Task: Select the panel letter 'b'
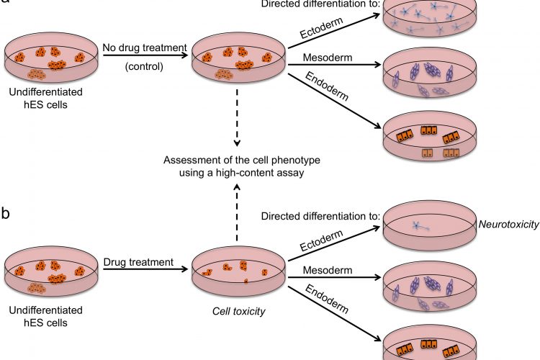tap(6, 214)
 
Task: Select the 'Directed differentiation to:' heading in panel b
tap(315, 216)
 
